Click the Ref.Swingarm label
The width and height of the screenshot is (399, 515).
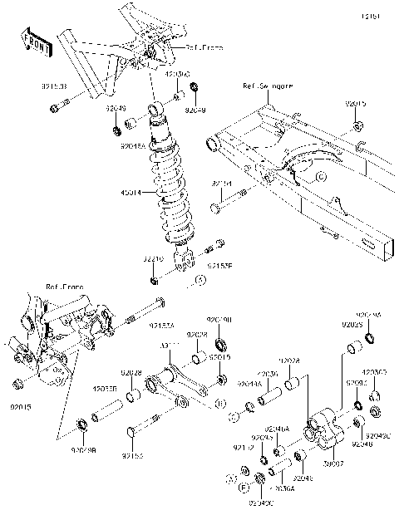(x=261, y=86)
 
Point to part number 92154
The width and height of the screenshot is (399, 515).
(x=220, y=183)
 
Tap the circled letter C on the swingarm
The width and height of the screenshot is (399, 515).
(x=320, y=177)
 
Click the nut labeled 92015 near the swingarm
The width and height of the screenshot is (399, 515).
(x=357, y=127)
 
